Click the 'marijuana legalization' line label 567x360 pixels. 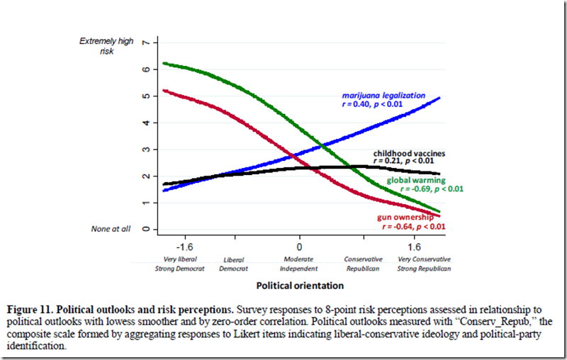[x=383, y=95]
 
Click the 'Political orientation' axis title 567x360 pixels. [x=300, y=286]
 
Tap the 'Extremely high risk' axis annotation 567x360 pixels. [x=106, y=47]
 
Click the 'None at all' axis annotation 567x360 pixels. [x=110, y=229]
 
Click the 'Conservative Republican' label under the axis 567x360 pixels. [x=363, y=264]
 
